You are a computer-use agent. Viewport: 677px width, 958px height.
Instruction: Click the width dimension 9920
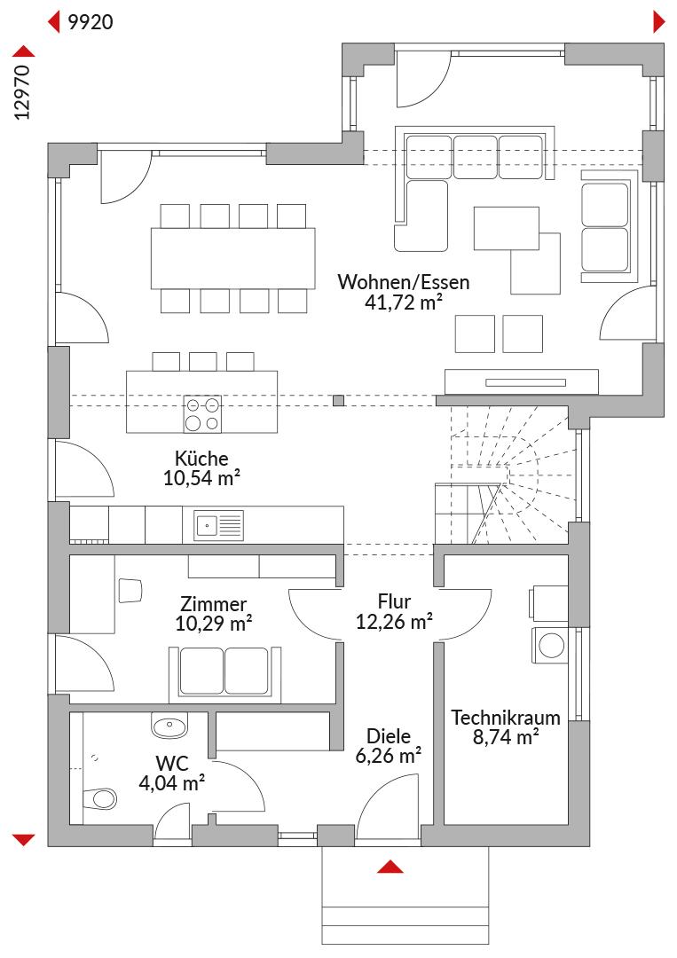coord(91,22)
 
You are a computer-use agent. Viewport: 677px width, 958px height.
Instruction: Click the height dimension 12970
coord(22,92)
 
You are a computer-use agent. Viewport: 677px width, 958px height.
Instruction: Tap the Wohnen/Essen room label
coord(403,282)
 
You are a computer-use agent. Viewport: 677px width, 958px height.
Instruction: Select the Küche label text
coord(201,459)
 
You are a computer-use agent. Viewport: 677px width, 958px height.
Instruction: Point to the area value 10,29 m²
coord(214,624)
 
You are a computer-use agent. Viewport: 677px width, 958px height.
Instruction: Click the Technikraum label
coord(505,718)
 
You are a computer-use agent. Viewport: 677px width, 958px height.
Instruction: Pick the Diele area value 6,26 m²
coord(389,756)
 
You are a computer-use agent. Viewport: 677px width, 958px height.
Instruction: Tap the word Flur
coord(394,601)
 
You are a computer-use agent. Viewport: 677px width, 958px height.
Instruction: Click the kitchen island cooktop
coord(203,413)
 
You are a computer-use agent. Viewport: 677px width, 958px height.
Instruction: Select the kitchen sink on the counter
coord(219,525)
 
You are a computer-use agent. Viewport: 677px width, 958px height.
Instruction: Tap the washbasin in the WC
coord(169,726)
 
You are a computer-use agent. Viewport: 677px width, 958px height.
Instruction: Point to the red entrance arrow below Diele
coord(390,867)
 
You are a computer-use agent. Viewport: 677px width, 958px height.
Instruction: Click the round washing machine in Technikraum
coord(552,646)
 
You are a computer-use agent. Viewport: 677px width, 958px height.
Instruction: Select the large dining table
coord(233,258)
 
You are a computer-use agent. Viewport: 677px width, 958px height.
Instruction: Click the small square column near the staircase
coord(339,401)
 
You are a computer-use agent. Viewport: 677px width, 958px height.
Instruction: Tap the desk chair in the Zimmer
coord(130,590)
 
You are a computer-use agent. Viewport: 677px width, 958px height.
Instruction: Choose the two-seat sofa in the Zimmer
coord(225,673)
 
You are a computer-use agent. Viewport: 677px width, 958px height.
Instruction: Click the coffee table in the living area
coord(507,229)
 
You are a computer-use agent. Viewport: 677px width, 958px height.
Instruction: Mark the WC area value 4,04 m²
coord(172,782)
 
